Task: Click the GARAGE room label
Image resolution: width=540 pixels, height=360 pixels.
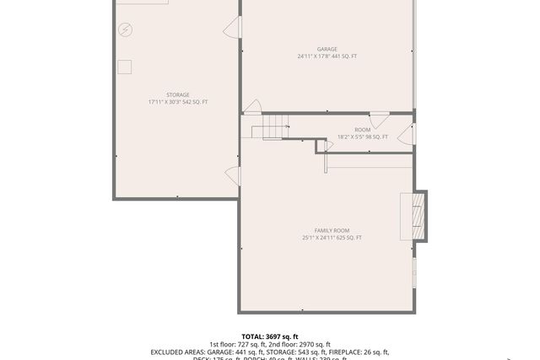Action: pos(327,50)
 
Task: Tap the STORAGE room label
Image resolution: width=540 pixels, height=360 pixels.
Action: pos(177,95)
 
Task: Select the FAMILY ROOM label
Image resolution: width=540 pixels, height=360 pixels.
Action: pos(332,231)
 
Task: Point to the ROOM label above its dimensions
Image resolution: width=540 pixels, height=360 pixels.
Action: pos(362,130)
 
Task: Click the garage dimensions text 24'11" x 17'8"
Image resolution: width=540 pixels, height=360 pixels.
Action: pos(327,56)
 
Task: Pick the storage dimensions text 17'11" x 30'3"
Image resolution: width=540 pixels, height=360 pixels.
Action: pos(177,102)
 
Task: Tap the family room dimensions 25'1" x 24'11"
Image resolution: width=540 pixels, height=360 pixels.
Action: pos(332,238)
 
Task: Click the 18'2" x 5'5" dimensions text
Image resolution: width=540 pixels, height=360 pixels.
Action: pos(362,137)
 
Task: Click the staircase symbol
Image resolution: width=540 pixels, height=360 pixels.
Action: pos(272,127)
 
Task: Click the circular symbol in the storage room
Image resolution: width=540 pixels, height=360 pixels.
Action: pos(125,30)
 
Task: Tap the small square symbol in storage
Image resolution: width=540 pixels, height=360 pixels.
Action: pos(125,67)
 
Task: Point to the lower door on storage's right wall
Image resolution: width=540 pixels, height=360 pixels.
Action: pos(232,175)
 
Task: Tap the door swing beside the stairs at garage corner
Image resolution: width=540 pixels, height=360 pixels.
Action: pos(251,106)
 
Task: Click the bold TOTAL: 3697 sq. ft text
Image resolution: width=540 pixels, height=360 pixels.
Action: pos(269,336)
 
